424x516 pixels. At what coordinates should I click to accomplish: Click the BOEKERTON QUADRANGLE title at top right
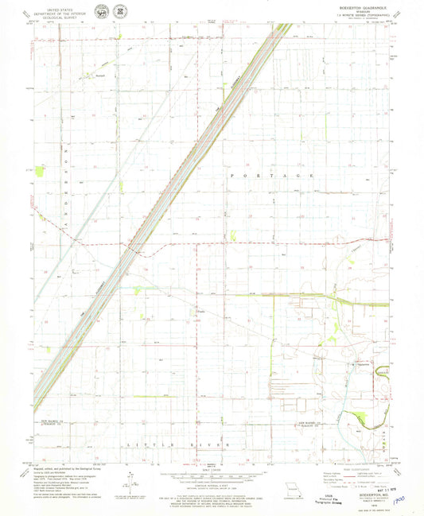[365, 6]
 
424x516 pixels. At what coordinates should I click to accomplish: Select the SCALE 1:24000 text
[211, 467]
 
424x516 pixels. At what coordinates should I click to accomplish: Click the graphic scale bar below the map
[211, 474]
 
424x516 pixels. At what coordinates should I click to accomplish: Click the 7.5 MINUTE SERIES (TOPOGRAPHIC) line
[367, 16]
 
